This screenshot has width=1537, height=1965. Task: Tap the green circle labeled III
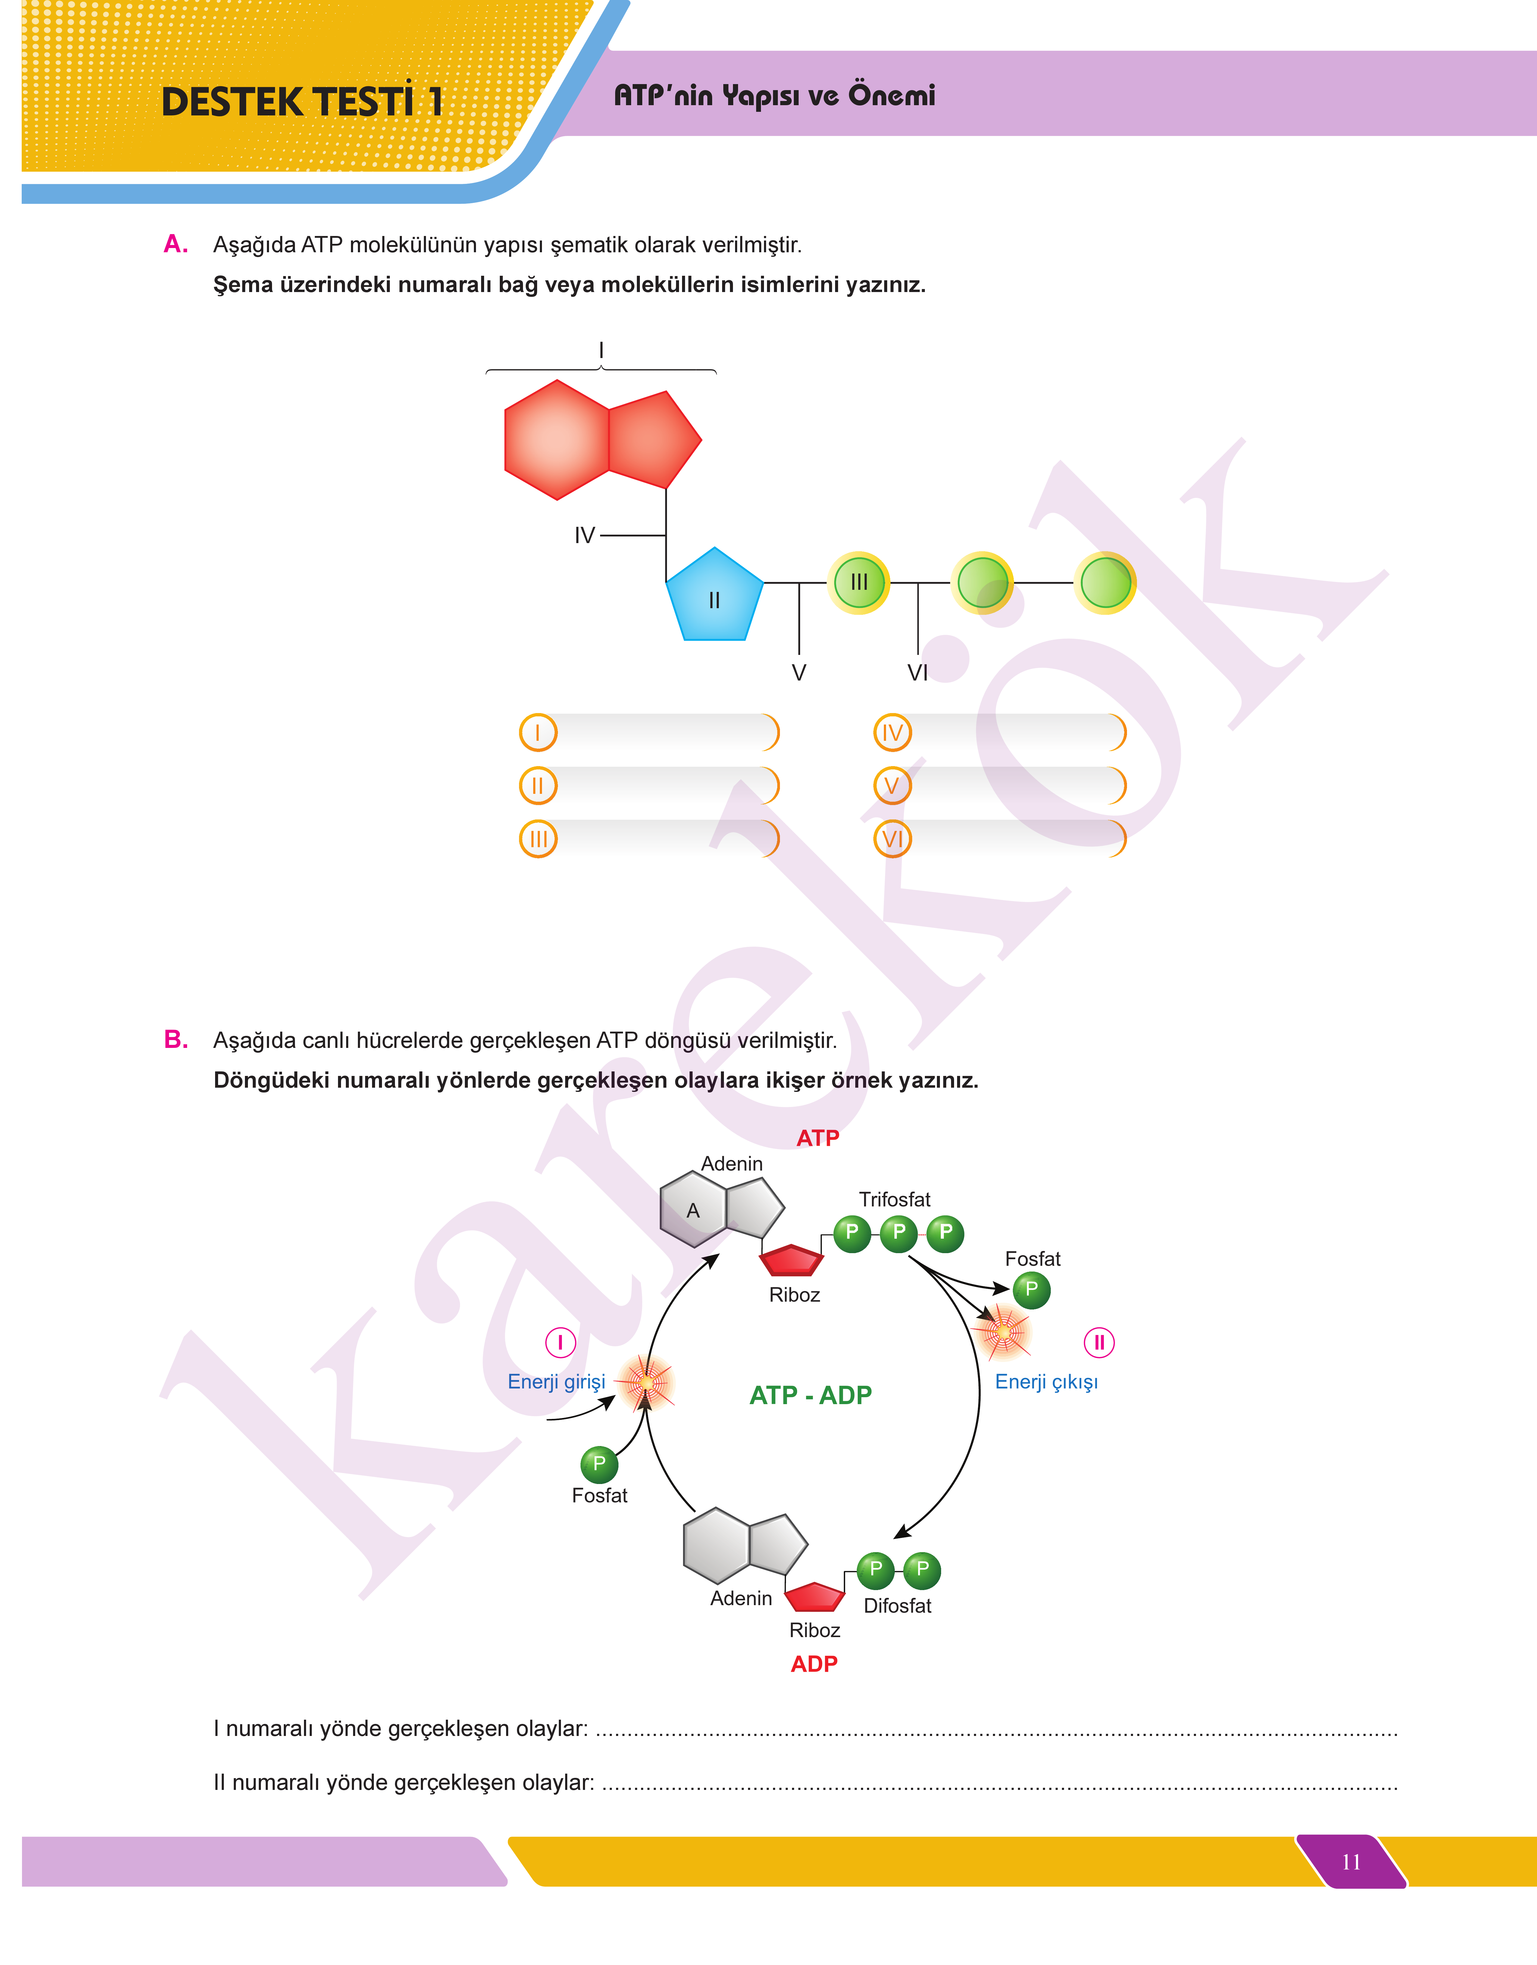pyautogui.click(x=859, y=582)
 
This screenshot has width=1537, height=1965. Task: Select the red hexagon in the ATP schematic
pyautogui.click(x=557, y=439)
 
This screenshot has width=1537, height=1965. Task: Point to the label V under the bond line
pyautogui.click(x=798, y=672)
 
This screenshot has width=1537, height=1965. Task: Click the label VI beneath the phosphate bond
pyautogui.click(x=917, y=672)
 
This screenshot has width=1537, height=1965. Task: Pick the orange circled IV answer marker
pyautogui.click(x=892, y=733)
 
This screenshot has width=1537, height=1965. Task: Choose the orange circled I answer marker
pyautogui.click(x=538, y=733)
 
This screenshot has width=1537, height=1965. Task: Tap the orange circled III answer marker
pyautogui.click(x=538, y=839)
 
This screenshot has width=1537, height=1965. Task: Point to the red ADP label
pyautogui.click(x=813, y=1663)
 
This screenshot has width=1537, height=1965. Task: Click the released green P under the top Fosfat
pyautogui.click(x=1031, y=1289)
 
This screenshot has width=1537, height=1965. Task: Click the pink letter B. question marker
pyautogui.click(x=175, y=1040)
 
